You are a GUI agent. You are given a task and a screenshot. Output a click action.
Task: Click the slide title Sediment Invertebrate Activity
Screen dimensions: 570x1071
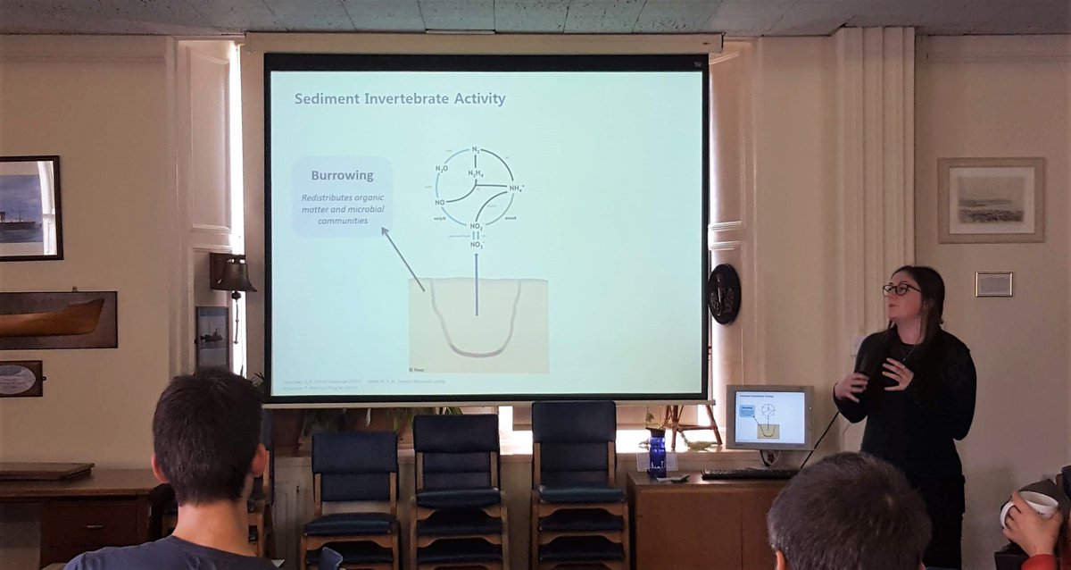pos(400,99)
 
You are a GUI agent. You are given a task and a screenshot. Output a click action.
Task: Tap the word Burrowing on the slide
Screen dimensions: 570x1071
pos(342,175)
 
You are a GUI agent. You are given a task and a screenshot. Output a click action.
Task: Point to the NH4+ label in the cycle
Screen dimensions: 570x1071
pos(516,189)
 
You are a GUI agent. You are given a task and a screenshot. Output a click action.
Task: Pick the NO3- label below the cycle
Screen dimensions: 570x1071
pos(477,244)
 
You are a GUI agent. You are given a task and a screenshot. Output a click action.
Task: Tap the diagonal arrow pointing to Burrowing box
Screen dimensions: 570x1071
pos(403,258)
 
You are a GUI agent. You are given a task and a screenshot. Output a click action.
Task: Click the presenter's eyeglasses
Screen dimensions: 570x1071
pos(901,289)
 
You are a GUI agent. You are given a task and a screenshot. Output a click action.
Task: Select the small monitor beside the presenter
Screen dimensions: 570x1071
pos(768,416)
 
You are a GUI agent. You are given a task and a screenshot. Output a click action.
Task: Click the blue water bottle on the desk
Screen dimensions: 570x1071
pos(658,456)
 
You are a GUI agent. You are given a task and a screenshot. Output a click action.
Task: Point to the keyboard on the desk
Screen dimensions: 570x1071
pos(750,474)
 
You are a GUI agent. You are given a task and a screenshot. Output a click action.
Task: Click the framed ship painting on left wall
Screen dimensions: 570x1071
pos(29,208)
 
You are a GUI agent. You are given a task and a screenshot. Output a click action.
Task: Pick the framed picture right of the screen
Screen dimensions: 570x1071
pos(991,200)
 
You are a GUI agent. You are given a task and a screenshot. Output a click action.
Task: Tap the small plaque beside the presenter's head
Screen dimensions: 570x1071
pos(993,284)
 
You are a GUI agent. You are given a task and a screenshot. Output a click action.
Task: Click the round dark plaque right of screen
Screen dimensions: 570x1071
pos(724,294)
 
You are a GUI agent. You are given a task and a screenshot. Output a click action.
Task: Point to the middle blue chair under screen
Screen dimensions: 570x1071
pos(458,474)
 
